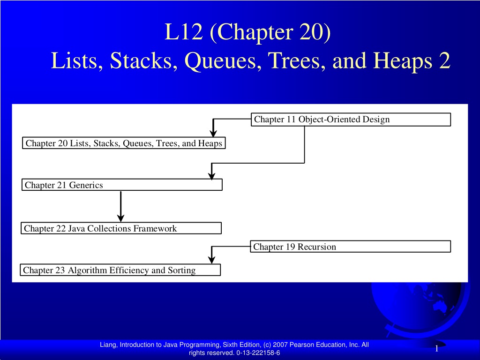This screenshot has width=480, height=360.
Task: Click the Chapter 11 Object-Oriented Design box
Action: (x=351, y=120)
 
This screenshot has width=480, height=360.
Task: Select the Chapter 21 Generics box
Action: (x=122, y=185)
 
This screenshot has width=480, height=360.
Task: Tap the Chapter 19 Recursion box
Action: (x=351, y=247)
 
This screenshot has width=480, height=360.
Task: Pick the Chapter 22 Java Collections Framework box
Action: (x=121, y=228)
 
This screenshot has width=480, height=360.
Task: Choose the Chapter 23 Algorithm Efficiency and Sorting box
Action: (x=120, y=270)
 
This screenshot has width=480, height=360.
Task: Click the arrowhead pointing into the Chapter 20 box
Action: (x=213, y=133)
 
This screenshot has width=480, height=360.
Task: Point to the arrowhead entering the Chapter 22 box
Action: (x=121, y=217)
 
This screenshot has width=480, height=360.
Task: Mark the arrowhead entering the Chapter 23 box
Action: (x=211, y=260)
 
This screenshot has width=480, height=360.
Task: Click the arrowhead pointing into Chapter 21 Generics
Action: (x=211, y=175)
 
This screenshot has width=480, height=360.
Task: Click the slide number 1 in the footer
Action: (x=436, y=349)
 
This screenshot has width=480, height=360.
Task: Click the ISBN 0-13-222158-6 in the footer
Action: (x=258, y=352)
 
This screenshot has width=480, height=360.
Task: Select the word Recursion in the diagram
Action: (x=317, y=247)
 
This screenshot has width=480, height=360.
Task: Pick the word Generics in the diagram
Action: (x=86, y=185)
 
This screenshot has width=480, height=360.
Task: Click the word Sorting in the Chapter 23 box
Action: (x=181, y=270)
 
